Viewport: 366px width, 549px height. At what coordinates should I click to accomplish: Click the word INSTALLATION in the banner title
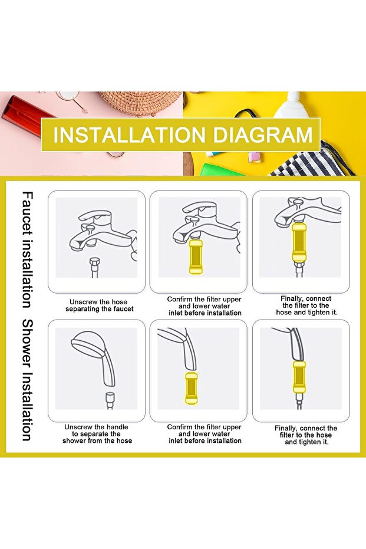click(129, 135)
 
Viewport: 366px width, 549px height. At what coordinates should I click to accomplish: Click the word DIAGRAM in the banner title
click(262, 135)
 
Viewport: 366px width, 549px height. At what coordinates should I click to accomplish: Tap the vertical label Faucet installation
click(28, 249)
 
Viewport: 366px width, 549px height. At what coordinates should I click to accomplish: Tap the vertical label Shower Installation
click(28, 380)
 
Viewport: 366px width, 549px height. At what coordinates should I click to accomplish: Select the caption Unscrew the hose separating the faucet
click(99, 305)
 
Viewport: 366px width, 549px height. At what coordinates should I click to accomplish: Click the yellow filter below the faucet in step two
click(196, 257)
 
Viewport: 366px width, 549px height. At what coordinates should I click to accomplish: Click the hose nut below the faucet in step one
click(95, 262)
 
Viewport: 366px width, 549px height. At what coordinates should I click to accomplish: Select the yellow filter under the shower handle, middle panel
click(191, 388)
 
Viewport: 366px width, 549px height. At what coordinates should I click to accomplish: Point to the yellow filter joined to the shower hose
click(299, 377)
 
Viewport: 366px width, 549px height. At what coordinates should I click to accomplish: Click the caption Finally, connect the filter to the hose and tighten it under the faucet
click(306, 305)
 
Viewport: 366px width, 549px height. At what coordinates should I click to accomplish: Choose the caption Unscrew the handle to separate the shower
click(97, 434)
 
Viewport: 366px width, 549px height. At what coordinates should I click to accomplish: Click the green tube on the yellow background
click(221, 169)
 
